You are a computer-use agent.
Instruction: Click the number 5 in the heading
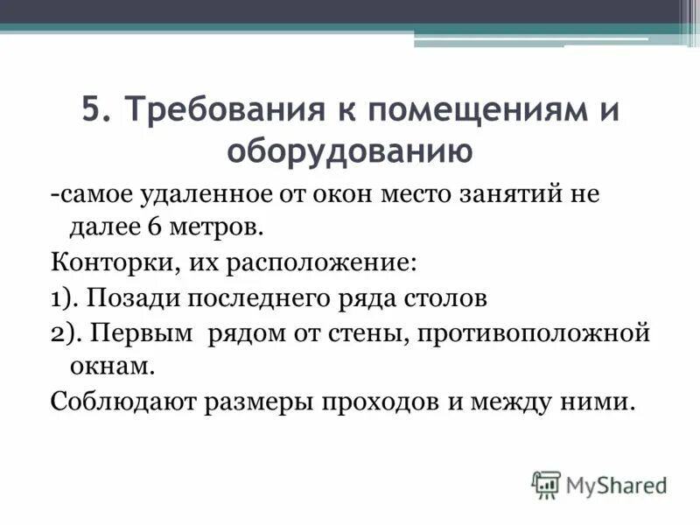pos(93,113)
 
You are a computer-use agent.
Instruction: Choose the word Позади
pos(130,297)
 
